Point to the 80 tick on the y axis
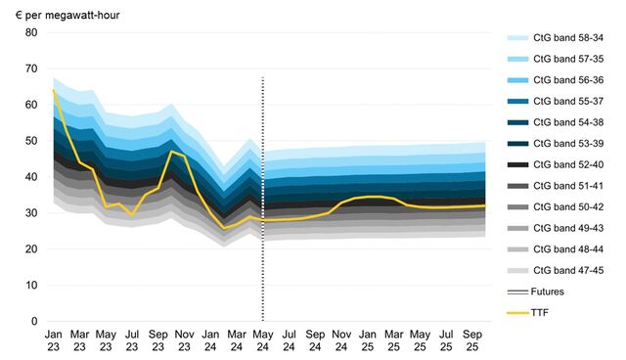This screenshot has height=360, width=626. point(30,32)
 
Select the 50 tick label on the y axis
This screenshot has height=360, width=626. point(30,141)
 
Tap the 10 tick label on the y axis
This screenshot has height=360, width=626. point(30,286)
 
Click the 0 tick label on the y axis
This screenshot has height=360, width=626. point(33,322)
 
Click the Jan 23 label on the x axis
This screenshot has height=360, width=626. point(53,339)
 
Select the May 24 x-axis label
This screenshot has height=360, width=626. point(263,339)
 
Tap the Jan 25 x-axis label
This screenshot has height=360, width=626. point(368,339)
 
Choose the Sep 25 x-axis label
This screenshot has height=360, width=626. point(472,339)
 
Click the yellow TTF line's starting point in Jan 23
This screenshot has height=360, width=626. point(53,90)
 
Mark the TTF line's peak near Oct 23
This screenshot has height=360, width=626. point(171,151)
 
